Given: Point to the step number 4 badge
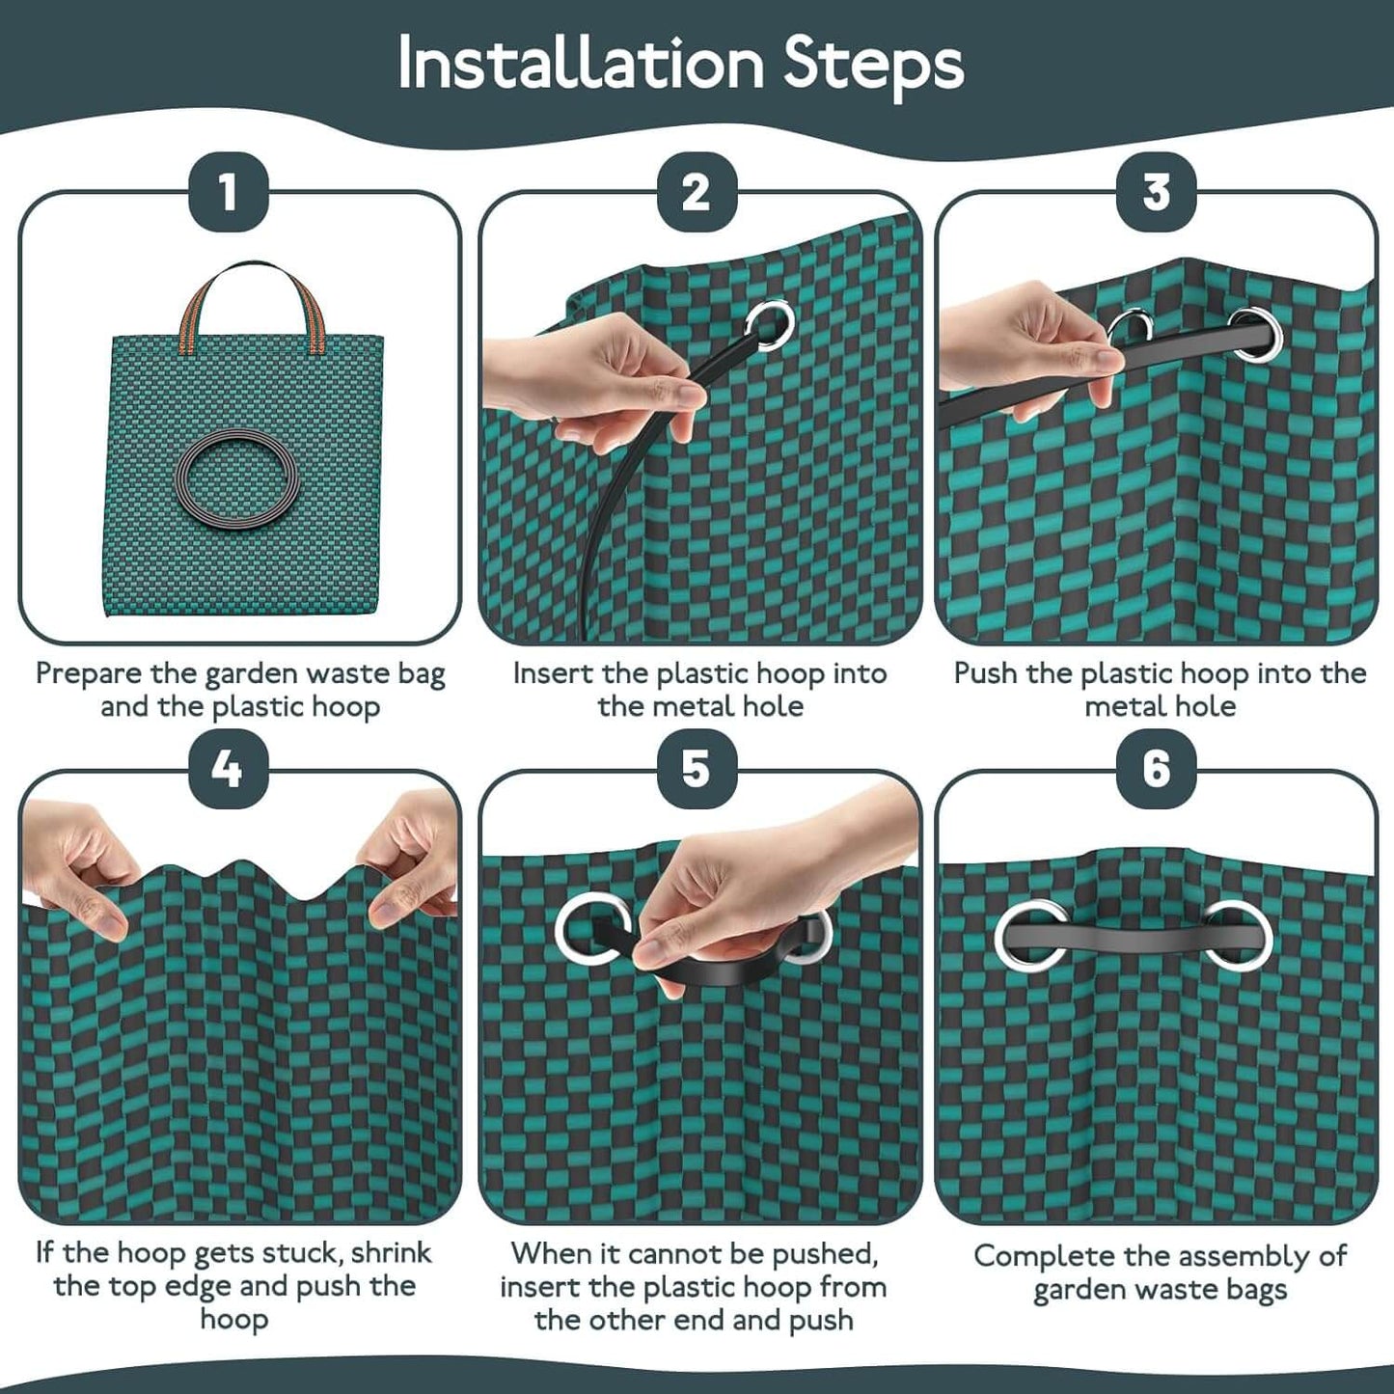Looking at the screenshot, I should pos(228,769).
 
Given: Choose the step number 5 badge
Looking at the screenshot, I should pos(697,769).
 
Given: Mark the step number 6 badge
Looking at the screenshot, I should pos(1156,769).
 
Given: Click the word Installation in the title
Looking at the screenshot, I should pos(580,64).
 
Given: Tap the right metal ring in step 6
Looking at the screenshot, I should pos(1238,933).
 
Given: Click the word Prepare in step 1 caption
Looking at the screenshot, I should pos(89,674).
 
